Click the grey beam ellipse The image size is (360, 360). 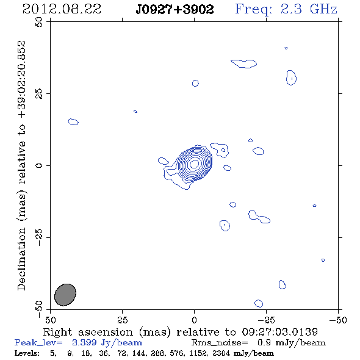(65, 295)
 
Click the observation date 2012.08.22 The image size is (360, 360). (62, 9)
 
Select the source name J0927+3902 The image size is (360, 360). (175, 10)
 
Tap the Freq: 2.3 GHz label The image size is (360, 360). (286, 9)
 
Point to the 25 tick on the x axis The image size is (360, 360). (122, 320)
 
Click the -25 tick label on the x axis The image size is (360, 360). (266, 320)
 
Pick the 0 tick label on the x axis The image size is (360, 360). (194, 320)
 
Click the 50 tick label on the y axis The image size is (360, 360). (39, 22)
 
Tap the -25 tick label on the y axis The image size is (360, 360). (39, 237)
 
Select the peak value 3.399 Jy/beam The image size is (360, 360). (107, 342)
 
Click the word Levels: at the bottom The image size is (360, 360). (27, 353)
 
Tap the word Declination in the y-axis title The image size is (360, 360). (21, 259)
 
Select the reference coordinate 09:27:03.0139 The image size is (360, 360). (280, 332)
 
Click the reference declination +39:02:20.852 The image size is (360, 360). (21, 79)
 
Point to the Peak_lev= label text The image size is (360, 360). (38, 342)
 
